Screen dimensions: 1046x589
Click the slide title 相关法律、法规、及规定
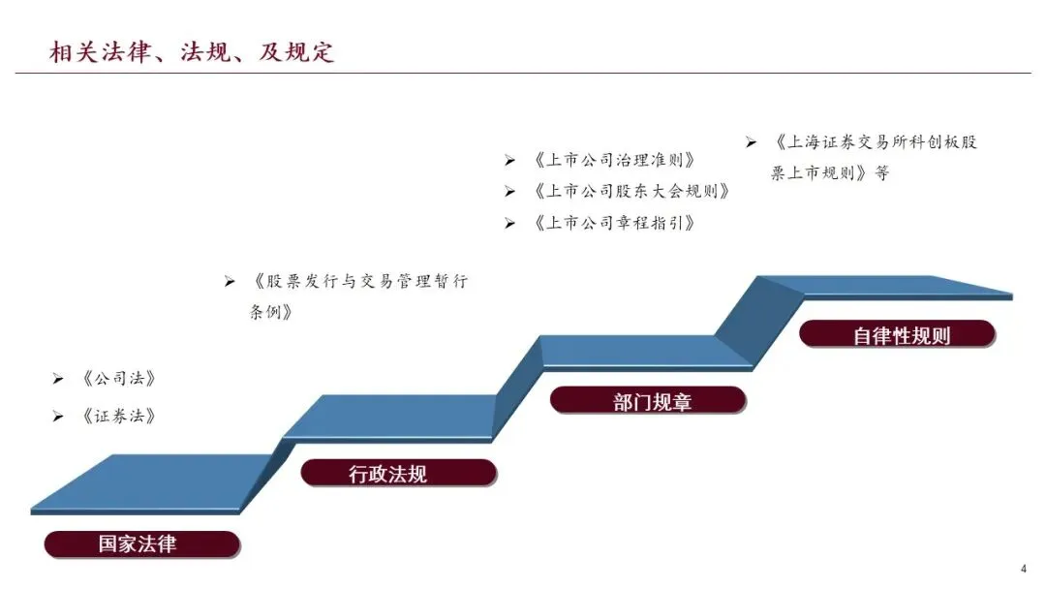pyautogui.click(x=192, y=51)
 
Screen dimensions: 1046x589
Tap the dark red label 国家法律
pyautogui.click(x=138, y=543)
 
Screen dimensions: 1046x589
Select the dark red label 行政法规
pyautogui.click(x=387, y=474)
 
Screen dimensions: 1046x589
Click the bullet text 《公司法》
pyautogui.click(x=118, y=378)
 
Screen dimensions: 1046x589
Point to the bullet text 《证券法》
pyautogui.click(x=118, y=417)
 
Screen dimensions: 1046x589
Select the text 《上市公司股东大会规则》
pyautogui.click(x=631, y=192)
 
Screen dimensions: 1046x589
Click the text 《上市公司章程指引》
pyautogui.click(x=614, y=223)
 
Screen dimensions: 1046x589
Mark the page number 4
pyautogui.click(x=1024, y=569)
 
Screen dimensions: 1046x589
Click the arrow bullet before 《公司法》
pyautogui.click(x=58, y=378)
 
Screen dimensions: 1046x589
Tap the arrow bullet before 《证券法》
pyautogui.click(x=58, y=417)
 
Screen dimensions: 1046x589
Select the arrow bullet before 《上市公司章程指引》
pyautogui.click(x=509, y=223)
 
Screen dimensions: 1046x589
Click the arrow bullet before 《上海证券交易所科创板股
pyautogui.click(x=750, y=142)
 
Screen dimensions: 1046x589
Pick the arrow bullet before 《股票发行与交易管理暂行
pyautogui.click(x=230, y=282)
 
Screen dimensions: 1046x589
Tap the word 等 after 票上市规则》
pyautogui.click(x=880, y=174)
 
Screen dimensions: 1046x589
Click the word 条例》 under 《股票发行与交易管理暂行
pyautogui.click(x=271, y=313)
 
